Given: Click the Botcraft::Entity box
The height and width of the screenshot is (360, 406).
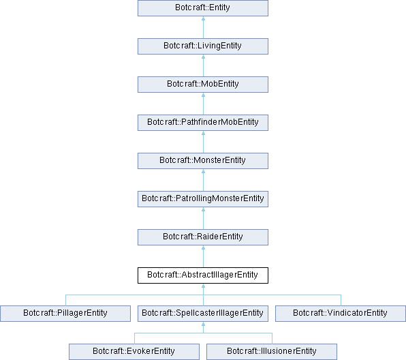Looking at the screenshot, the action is [x=203, y=8].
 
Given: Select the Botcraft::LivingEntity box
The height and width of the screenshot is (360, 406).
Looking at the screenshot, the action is [x=203, y=46].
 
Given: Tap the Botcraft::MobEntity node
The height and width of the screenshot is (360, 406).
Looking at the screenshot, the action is [x=203, y=85].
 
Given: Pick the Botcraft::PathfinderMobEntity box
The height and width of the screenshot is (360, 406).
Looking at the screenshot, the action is [x=203, y=123].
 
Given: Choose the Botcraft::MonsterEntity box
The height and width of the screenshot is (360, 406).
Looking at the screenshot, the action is [x=203, y=161].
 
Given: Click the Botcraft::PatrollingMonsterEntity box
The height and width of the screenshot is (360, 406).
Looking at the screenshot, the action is [x=203, y=199].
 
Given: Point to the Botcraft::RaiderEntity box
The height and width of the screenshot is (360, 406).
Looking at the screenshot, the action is [x=203, y=237].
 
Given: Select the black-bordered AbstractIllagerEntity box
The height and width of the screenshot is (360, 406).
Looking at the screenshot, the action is [x=203, y=275].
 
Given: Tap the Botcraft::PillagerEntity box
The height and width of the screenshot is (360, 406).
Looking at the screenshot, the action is [x=65, y=314].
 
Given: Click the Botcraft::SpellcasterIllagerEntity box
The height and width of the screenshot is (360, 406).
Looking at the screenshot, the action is [x=203, y=314].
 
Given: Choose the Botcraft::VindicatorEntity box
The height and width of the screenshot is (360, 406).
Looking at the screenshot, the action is [x=341, y=314].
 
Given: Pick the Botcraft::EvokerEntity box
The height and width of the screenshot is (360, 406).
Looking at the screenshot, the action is [x=134, y=352].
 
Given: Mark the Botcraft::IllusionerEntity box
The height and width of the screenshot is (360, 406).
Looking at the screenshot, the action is [x=272, y=352].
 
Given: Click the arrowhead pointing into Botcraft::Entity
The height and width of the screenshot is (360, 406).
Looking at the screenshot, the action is [x=203, y=18].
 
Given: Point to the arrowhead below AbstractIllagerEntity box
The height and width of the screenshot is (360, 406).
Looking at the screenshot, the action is [x=203, y=286].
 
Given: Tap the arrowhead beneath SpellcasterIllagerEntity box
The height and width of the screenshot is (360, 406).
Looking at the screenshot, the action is [x=203, y=325].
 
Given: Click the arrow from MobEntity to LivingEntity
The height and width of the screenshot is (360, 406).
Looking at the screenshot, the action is [x=203, y=65].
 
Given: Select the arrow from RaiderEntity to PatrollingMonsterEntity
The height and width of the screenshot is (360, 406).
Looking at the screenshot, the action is [x=203, y=218].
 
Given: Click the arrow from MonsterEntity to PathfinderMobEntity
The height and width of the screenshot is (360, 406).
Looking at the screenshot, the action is [x=203, y=142].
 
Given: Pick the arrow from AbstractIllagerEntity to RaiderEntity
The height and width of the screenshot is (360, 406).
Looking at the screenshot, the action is [x=203, y=256].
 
